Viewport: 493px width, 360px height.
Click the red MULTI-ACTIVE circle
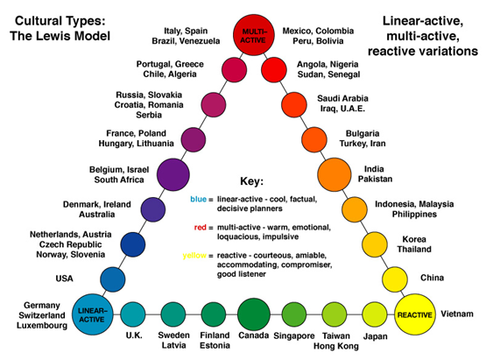(254, 35)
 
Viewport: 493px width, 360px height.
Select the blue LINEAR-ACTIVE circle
(93, 314)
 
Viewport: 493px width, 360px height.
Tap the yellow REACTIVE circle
(415, 314)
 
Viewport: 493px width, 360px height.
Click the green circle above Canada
(254, 314)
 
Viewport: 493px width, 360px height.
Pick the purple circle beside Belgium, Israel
(173, 174)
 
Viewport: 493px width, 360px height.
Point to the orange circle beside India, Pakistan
(335, 174)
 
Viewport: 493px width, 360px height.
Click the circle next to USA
(113, 279)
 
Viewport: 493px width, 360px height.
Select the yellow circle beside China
(395, 279)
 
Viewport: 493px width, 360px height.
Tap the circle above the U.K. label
(133, 314)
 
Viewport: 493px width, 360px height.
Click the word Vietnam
(457, 314)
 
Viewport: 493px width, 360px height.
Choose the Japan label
(375, 336)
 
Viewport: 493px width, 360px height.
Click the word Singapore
(294, 336)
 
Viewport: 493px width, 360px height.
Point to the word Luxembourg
(42, 326)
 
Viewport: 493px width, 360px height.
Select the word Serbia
(149, 115)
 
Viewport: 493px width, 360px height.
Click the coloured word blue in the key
(199, 200)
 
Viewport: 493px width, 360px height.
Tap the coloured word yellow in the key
(194, 256)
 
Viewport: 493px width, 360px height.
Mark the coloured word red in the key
(201, 228)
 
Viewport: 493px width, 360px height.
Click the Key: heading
(251, 181)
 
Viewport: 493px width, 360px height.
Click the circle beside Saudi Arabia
(294, 105)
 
